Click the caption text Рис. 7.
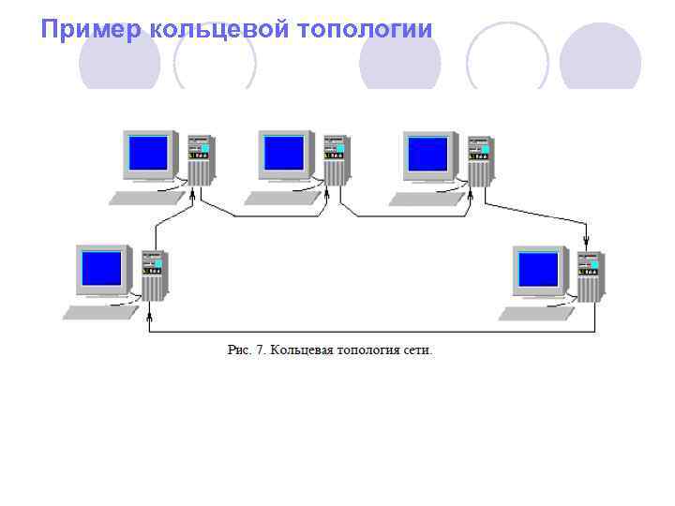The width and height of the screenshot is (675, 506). (x=247, y=350)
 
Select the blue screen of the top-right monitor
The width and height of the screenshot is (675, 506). (x=428, y=152)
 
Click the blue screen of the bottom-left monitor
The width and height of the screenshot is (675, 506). (x=102, y=267)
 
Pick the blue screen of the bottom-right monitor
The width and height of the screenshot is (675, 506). (x=538, y=268)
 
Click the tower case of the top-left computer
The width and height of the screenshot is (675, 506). (x=200, y=159)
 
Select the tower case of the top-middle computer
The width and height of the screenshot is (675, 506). (x=334, y=159)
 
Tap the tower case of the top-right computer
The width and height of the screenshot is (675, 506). (x=479, y=159)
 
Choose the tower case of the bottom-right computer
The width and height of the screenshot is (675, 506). (x=589, y=275)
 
